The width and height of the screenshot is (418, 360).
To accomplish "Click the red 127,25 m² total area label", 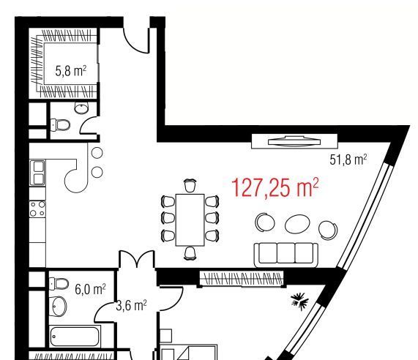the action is (275, 188).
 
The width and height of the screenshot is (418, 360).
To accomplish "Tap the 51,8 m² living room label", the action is (348, 160).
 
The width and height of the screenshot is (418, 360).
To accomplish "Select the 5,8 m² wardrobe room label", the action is (71, 71).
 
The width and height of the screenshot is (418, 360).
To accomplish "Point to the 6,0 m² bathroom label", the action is (90, 289).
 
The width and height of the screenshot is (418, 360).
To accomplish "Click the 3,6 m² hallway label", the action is (131, 305).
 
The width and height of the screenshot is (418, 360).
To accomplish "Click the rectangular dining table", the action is (190, 220).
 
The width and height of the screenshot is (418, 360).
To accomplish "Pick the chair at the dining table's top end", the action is (190, 185).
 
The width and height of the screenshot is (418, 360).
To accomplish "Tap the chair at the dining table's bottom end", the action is (190, 253).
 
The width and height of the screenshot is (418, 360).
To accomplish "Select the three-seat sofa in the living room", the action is (286, 255).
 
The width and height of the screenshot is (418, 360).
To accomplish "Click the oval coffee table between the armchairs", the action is (297, 225).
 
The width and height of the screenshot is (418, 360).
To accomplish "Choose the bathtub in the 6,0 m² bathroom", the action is (75, 337).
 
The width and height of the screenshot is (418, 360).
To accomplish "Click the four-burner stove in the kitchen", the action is (37, 209).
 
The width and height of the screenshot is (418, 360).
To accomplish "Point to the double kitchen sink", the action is (37, 173).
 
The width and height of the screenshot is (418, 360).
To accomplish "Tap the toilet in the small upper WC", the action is (60, 124).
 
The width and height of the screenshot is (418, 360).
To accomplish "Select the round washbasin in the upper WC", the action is (81, 108).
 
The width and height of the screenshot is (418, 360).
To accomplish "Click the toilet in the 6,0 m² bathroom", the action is (59, 283).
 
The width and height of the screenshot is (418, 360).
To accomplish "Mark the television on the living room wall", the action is (294, 141).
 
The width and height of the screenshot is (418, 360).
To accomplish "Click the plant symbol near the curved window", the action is (300, 301).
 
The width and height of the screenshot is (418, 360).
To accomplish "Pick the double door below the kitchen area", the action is (137, 259).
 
